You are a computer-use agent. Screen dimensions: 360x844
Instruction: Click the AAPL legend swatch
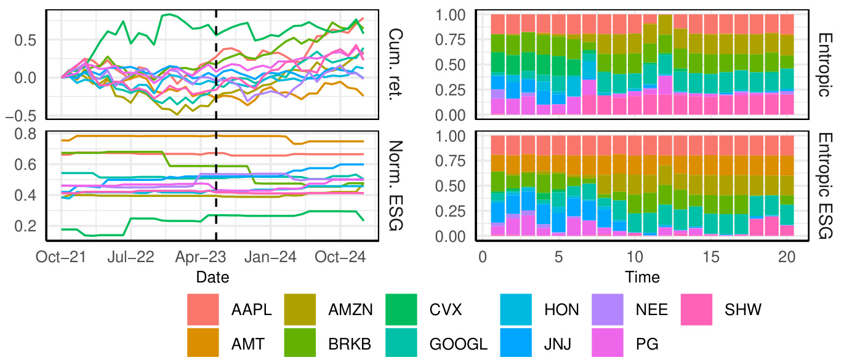pyautogui.click(x=204, y=310)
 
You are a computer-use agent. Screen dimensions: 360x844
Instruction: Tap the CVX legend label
pyautogui.click(x=446, y=310)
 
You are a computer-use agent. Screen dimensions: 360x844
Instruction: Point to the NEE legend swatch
pyautogui.click(x=606, y=310)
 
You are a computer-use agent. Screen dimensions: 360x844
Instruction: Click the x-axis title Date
pyautogui.click(x=212, y=278)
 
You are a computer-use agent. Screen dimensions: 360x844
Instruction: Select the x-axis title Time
pyautogui.click(x=642, y=278)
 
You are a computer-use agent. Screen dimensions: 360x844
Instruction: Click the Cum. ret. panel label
pyautogui.click(x=395, y=65)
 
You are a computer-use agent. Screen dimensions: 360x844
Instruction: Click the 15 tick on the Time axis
pyautogui.click(x=711, y=256)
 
